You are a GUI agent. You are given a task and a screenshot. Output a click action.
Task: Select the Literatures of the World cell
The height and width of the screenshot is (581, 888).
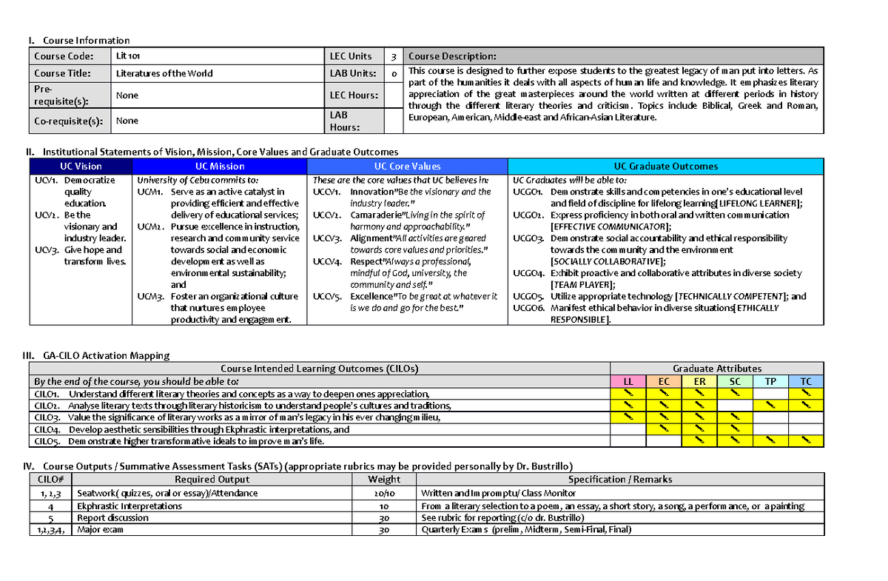(x=164, y=73)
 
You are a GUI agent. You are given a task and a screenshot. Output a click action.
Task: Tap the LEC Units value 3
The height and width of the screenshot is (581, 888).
(x=394, y=56)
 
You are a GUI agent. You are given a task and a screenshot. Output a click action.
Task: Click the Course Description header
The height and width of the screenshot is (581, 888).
(x=453, y=56)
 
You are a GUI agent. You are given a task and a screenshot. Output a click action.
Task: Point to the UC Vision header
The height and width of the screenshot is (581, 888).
(x=81, y=167)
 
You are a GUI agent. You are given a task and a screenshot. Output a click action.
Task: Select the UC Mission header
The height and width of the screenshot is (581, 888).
(x=220, y=167)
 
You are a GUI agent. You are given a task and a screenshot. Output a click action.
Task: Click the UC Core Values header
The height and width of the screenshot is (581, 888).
(x=407, y=167)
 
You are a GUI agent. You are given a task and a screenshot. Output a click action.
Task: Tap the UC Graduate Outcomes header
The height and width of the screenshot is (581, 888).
(x=666, y=167)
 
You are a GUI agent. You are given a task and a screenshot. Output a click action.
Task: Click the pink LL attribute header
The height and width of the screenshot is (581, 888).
(x=628, y=381)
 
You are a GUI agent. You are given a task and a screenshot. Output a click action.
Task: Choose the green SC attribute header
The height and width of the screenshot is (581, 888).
(x=735, y=381)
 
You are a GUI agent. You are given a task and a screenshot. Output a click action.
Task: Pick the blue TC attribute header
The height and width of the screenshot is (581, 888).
(x=806, y=381)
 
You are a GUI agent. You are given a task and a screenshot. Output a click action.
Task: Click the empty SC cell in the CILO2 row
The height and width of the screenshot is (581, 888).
(x=735, y=406)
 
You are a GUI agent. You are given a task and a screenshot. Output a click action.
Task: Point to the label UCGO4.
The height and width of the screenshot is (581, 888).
(x=528, y=273)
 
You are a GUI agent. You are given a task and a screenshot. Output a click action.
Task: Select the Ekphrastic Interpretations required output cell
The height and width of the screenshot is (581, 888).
(x=129, y=506)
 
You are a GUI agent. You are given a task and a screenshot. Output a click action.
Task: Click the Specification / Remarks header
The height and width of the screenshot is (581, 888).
(x=619, y=479)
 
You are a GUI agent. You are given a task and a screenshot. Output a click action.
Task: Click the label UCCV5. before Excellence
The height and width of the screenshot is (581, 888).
(x=326, y=296)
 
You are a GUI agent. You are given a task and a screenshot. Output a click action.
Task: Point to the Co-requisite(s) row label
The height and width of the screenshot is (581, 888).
(x=68, y=121)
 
